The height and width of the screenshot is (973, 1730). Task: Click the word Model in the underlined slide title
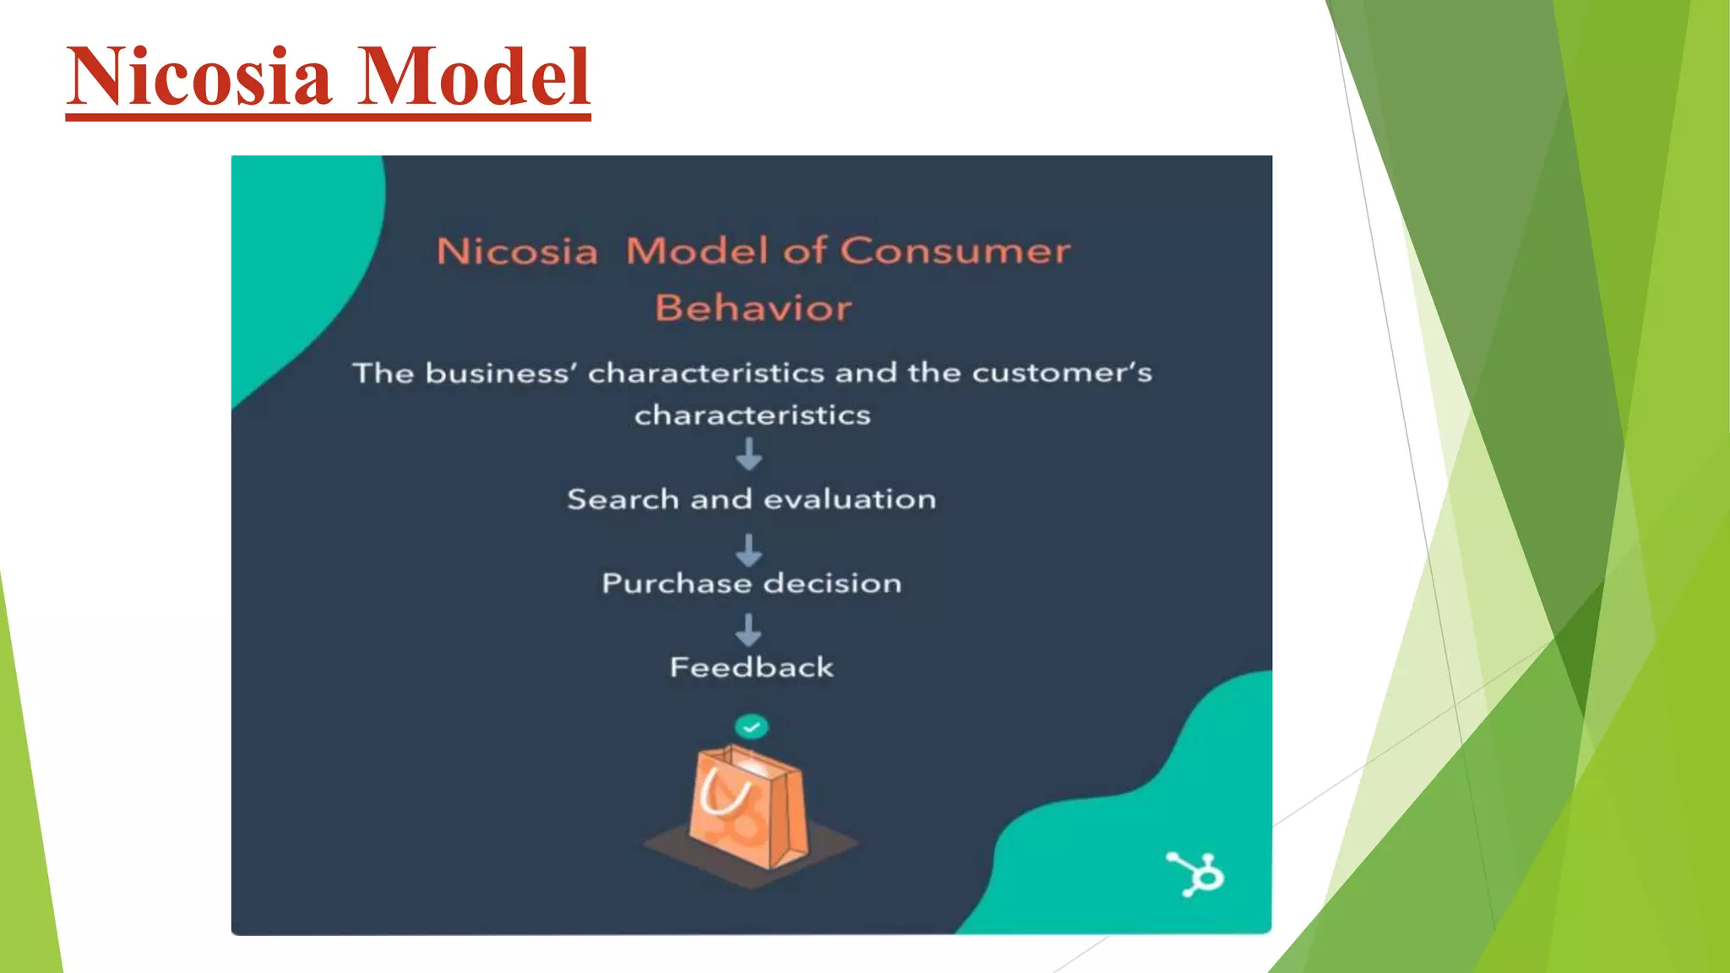pos(473,78)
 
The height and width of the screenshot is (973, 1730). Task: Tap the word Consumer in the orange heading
pos(955,252)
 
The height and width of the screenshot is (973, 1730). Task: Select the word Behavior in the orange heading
pos(753,308)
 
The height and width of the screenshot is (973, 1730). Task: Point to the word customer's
pos(1062,373)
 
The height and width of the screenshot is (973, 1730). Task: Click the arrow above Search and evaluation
pos(748,454)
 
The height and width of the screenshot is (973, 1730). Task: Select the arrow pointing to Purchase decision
pos(748,550)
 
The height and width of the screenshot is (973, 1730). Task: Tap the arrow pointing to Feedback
pos(748,630)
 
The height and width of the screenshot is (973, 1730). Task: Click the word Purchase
pos(677,584)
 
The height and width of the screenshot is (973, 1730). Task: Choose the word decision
pos(832,584)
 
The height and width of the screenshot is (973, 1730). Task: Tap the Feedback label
pos(752,668)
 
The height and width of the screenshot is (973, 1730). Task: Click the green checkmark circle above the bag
pos(751,726)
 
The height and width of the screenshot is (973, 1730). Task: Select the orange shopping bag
pos(748,811)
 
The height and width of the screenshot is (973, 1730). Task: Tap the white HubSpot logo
pos(1196,874)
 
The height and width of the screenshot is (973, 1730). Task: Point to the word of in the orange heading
pos(803,252)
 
